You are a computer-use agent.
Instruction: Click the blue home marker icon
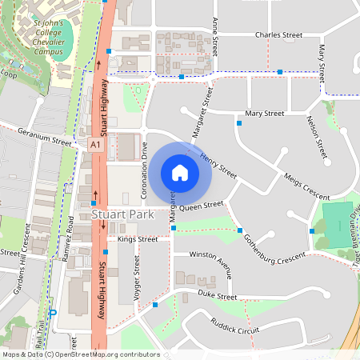point(180,172)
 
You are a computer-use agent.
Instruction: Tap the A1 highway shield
point(95,145)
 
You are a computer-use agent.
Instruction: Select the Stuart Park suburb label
point(122,214)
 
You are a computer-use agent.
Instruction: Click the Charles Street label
point(278,35)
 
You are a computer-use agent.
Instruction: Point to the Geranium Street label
point(43,138)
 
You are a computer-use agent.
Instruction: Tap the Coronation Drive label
point(145,170)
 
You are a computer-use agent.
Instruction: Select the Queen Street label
point(201,206)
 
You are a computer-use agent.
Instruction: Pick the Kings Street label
point(137,238)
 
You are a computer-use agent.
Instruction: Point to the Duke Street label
point(218,296)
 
